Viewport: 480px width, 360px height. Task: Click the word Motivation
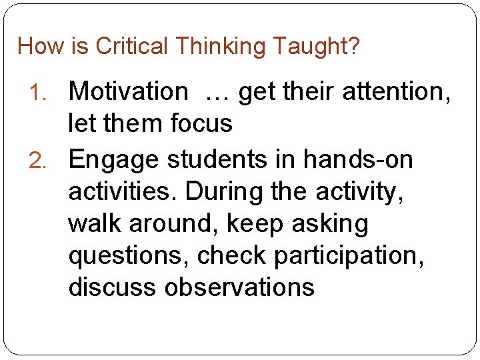pos(128,91)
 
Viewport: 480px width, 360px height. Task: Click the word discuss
pos(112,287)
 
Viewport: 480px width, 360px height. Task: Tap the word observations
pos(239,287)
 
